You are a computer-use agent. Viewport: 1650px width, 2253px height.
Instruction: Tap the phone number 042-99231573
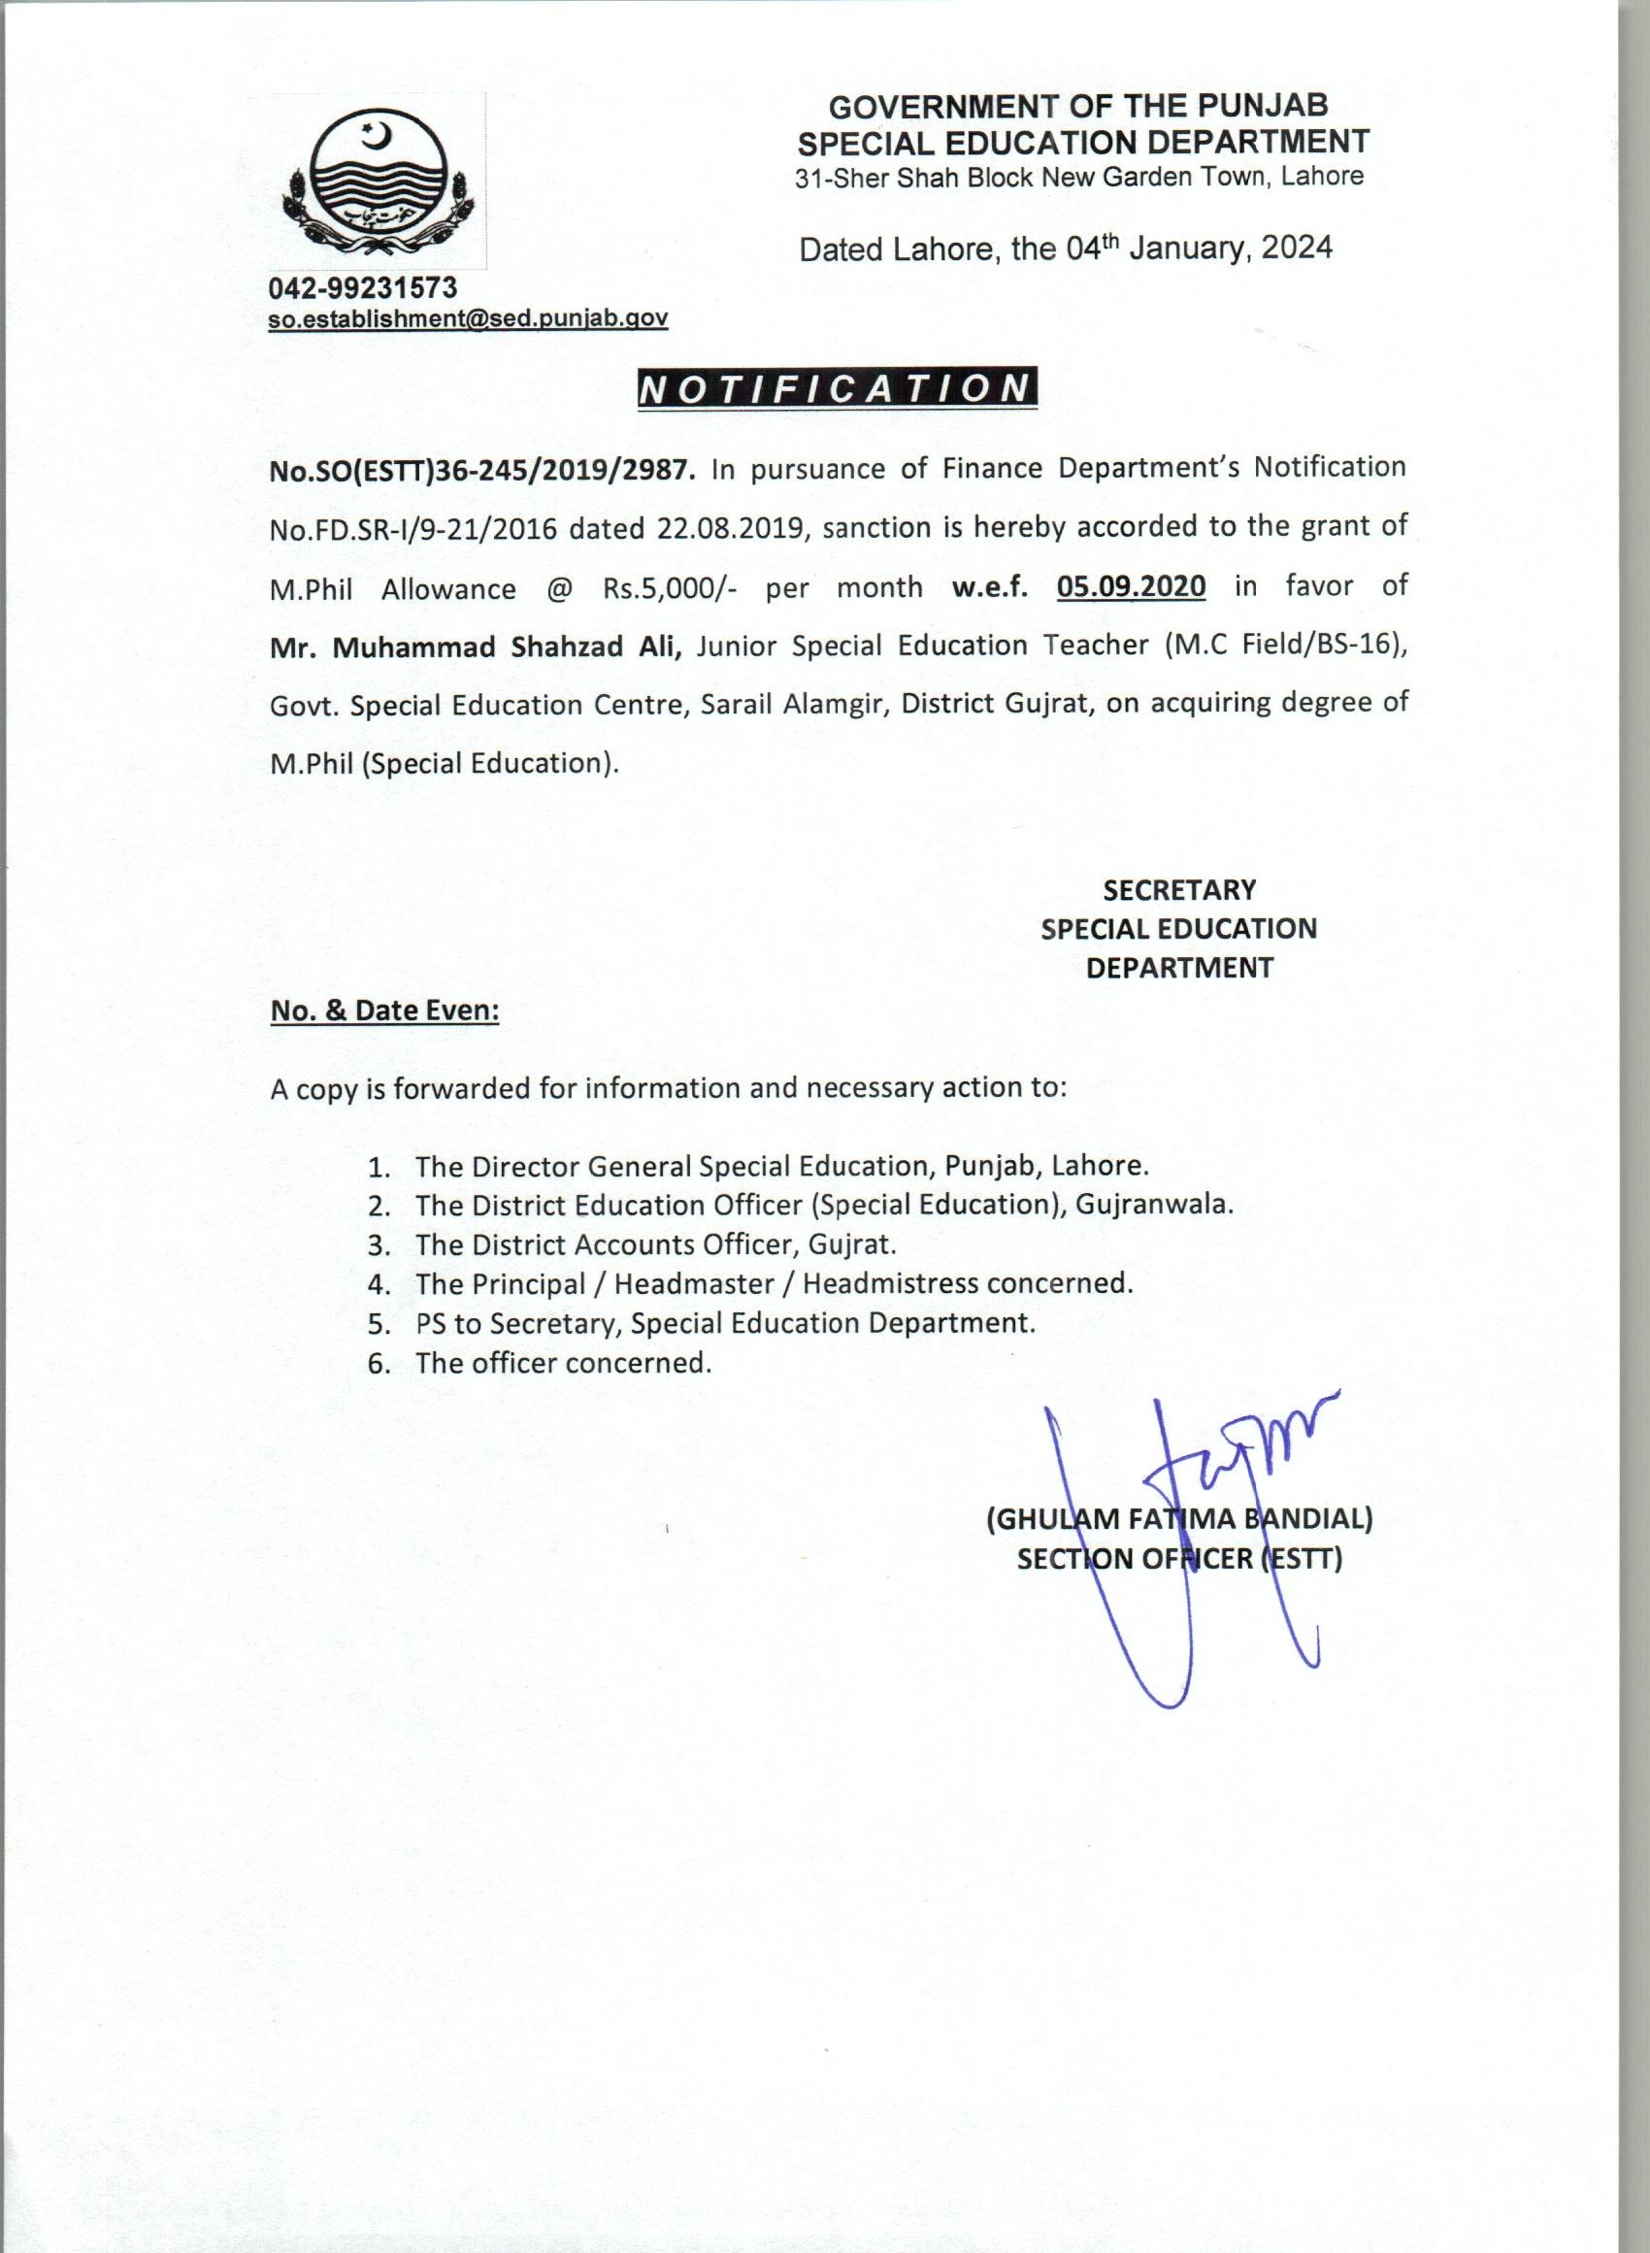pos(363,288)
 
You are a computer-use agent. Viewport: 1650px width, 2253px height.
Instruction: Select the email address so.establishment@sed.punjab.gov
pos(468,318)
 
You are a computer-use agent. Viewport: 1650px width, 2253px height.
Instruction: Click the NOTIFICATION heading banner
pos(837,388)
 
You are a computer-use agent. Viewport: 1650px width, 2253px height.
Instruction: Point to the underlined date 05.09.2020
pos(1131,586)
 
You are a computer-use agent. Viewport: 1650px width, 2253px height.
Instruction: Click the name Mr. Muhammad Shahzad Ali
pos(476,646)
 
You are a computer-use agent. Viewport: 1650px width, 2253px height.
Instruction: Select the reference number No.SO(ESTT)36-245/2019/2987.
pos(481,470)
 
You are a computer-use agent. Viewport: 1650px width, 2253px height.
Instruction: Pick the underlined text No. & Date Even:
pos(384,1011)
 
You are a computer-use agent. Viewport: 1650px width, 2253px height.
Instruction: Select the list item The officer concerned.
pos(563,1363)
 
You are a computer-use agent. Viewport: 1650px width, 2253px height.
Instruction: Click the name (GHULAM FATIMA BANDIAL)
pos(1179,1519)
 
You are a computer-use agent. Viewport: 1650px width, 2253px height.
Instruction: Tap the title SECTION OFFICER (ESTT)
pos(1179,1559)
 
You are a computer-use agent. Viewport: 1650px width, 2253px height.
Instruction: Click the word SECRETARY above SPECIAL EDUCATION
pos(1179,890)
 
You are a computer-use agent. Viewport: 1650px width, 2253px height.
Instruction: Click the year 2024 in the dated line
pos(1296,248)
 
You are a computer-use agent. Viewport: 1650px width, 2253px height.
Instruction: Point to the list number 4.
pos(378,1284)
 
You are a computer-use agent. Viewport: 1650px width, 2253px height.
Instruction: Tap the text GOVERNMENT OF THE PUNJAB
pos(1078,106)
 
